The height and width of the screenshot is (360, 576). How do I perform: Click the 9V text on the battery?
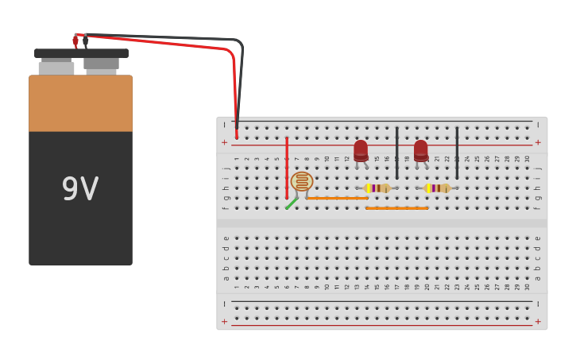[x=80, y=189]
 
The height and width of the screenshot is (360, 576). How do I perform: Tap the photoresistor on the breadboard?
[x=302, y=182]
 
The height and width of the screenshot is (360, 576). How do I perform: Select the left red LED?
[x=361, y=150]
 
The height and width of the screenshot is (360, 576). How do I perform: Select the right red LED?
[x=421, y=150]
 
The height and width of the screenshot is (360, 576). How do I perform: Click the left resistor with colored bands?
[x=377, y=188]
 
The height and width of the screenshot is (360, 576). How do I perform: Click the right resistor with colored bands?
[x=437, y=188]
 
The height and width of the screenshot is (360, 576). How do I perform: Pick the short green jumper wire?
[x=292, y=203]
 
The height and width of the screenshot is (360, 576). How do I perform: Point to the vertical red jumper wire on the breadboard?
[x=287, y=167]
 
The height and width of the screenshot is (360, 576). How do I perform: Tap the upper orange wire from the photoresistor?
[x=338, y=198]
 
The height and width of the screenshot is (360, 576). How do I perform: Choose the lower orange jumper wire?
[x=397, y=208]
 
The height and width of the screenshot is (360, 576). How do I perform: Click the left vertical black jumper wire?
[x=397, y=153]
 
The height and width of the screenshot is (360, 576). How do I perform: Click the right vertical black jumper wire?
[x=457, y=153]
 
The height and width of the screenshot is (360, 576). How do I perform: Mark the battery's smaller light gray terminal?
[x=56, y=67]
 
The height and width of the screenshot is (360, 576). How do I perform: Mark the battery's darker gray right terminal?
[x=102, y=64]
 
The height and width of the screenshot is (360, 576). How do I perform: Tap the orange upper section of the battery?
[x=80, y=103]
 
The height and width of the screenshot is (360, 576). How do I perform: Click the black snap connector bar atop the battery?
[x=81, y=53]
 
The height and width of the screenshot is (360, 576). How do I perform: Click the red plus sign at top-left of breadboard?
[x=224, y=142]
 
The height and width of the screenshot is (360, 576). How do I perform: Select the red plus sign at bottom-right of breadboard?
[x=538, y=322]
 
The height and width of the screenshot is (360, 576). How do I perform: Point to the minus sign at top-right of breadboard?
[x=538, y=125]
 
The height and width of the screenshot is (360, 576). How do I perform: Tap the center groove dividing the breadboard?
[x=381, y=223]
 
